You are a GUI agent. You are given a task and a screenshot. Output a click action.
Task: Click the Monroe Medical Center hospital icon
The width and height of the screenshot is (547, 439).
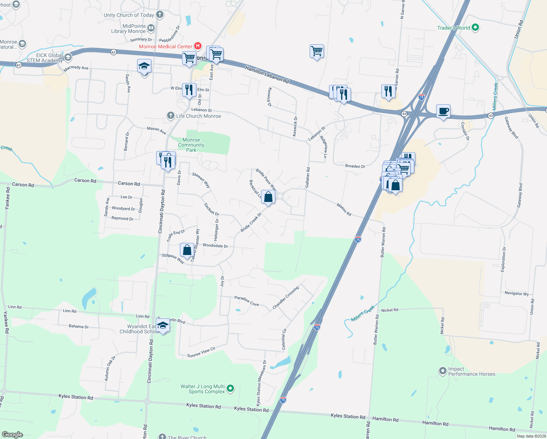point(198,46)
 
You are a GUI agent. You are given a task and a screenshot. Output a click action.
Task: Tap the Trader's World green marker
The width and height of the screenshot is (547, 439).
point(475,27)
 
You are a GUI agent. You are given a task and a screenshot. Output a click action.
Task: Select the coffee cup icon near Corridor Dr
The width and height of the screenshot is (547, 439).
point(443,111)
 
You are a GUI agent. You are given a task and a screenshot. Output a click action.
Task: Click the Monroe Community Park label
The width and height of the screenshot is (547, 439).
point(191,145)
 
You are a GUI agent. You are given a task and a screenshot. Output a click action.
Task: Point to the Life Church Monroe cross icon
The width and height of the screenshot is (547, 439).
point(170,116)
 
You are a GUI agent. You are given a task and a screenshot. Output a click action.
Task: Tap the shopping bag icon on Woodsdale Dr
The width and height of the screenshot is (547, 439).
point(187,250)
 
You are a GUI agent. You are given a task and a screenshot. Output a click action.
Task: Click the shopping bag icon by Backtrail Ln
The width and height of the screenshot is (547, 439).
point(268,197)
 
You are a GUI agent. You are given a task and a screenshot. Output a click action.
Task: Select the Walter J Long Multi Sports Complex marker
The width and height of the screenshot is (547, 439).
point(230,388)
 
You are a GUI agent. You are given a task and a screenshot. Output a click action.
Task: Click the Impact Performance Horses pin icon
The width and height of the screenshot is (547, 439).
point(443,371)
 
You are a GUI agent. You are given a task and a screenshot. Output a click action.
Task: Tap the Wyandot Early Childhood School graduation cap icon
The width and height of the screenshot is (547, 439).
point(163,326)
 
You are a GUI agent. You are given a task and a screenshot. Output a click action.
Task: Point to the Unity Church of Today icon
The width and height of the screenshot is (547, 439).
point(159,15)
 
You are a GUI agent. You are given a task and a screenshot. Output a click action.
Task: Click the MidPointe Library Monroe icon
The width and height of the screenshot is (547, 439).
point(151,28)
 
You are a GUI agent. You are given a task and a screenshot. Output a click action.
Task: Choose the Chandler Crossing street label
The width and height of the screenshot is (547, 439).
point(286,297)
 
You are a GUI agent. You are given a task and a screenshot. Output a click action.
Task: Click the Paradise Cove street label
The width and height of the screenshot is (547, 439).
point(246,301)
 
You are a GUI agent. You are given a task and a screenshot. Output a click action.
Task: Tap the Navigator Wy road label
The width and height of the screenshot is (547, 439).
point(517,293)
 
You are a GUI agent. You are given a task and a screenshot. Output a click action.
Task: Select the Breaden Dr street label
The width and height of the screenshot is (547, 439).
point(355,166)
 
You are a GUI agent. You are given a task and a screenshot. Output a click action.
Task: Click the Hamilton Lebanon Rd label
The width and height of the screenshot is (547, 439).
point(267,74)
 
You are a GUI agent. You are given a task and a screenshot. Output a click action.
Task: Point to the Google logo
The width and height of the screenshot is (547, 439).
point(12,434)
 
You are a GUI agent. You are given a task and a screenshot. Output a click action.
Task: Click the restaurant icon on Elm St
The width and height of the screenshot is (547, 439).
point(189,90)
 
